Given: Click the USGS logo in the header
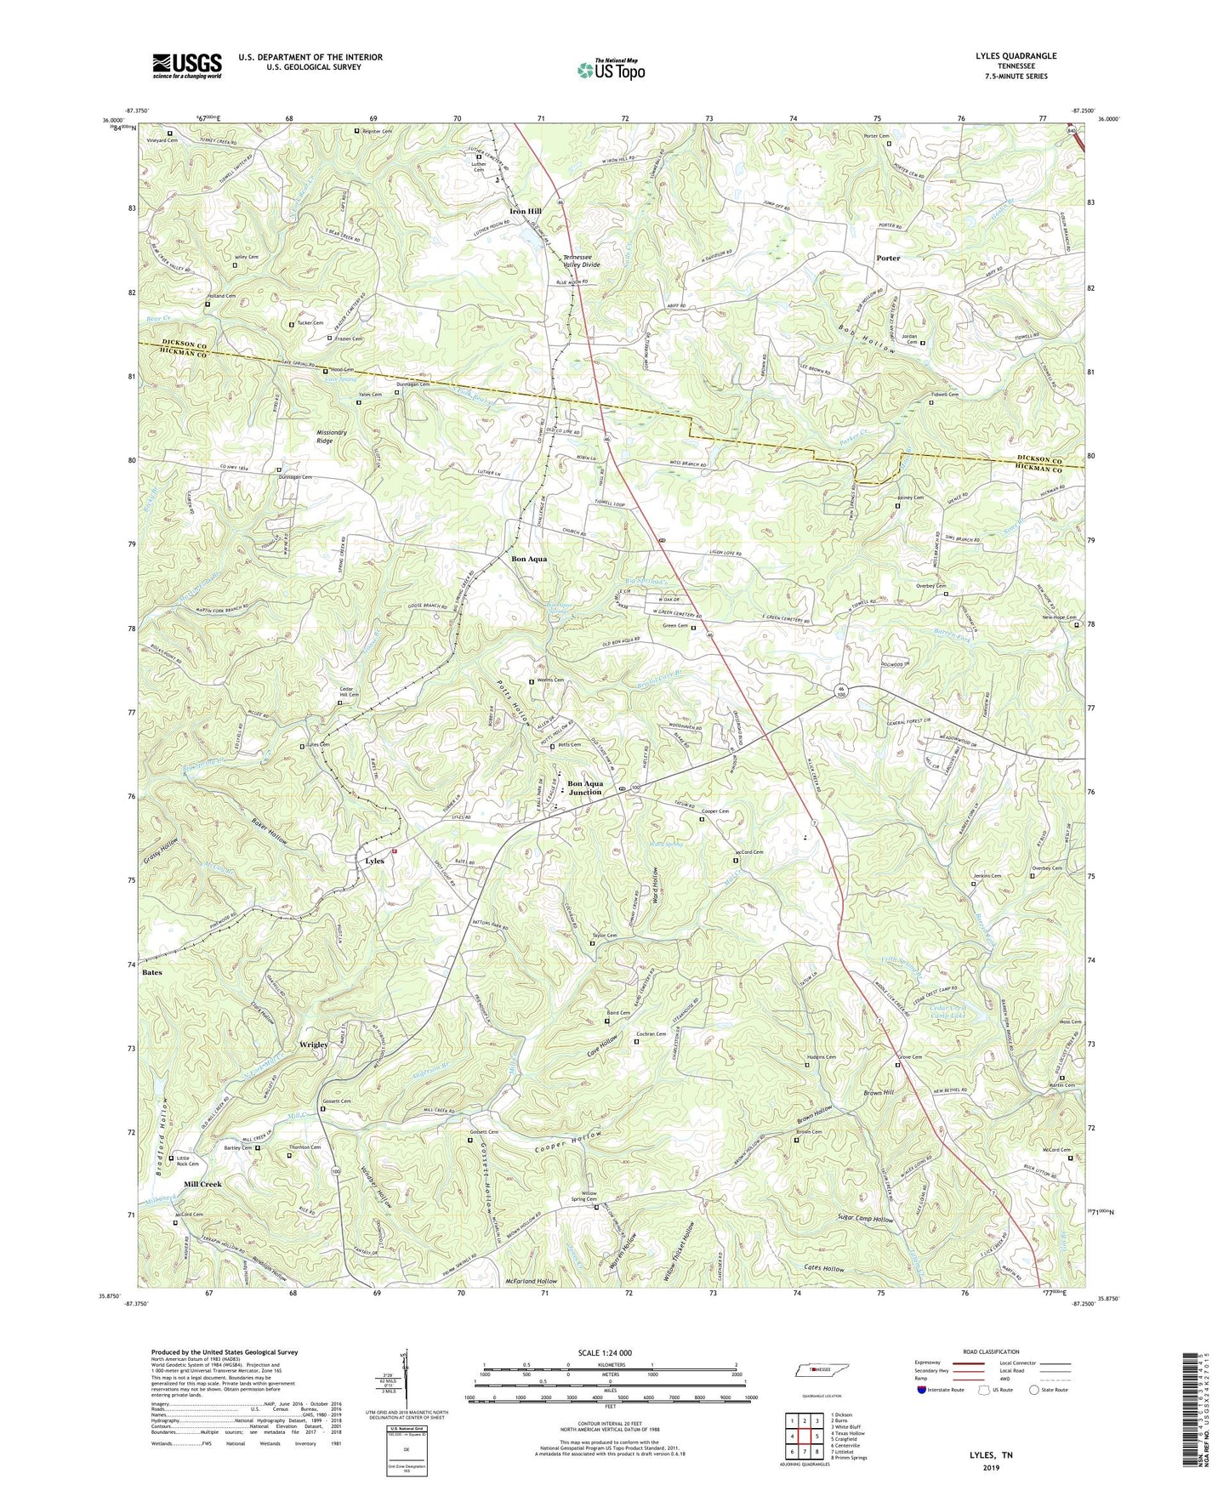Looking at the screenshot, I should click(187, 65).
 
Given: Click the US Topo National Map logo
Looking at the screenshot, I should click(610, 69).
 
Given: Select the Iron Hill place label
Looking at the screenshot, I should click(525, 211).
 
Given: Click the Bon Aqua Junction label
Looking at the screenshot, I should click(584, 788).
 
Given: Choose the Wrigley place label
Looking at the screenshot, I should click(313, 1044).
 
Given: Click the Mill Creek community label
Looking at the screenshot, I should click(202, 1184).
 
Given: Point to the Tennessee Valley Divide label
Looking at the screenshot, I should click(581, 260).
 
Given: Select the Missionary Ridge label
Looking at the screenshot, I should click(332, 436).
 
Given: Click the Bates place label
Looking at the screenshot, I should click(151, 971).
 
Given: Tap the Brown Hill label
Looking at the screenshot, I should click(879, 1092).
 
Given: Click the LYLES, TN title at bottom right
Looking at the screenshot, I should click(991, 1454).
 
